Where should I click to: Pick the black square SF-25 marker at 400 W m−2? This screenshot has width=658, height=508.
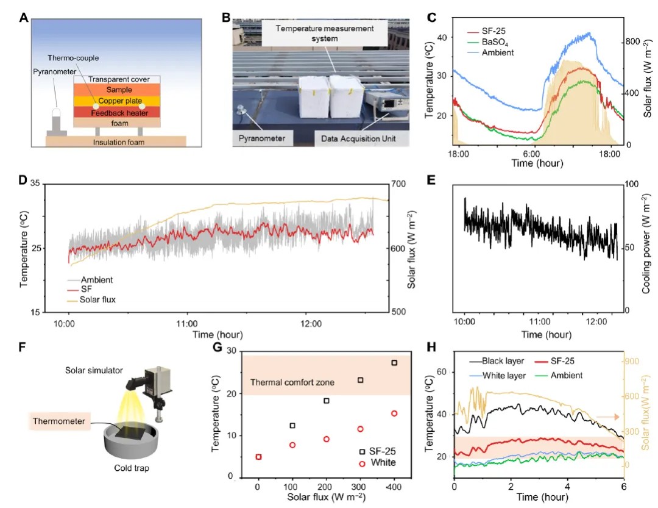click(x=394, y=362)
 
